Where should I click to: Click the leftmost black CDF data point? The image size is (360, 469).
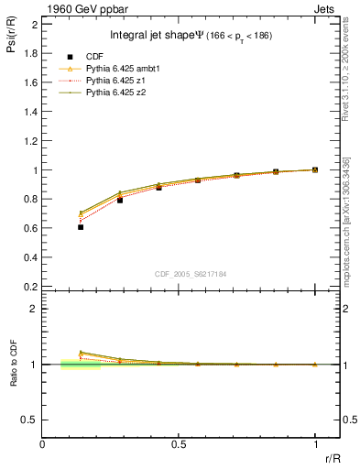click(81, 226)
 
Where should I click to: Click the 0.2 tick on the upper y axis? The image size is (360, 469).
click(33, 286)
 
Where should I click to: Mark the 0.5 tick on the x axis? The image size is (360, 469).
click(179, 444)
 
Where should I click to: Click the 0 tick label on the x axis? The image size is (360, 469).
click(43, 444)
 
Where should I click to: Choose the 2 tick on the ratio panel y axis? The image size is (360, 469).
click(37, 309)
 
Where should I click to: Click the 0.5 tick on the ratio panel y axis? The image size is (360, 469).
click(32, 420)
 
